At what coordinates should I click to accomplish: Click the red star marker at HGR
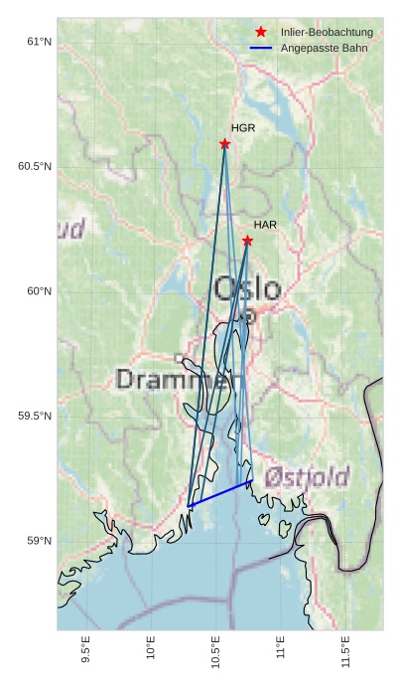[x=225, y=144]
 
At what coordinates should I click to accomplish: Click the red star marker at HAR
[x=247, y=241]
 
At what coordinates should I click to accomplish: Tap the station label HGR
[x=243, y=128]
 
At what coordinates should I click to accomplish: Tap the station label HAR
[x=265, y=225]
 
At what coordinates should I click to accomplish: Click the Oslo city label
[x=247, y=289]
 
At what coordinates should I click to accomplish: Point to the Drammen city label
[x=180, y=379]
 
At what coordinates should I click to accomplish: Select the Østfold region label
[x=307, y=477]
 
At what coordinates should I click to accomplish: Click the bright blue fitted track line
[x=220, y=493]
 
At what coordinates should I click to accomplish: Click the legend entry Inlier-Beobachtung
[x=327, y=33]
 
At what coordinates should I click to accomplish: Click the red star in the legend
[x=261, y=33]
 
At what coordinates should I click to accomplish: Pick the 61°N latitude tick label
[x=38, y=42]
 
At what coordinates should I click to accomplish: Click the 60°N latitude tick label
[x=38, y=291]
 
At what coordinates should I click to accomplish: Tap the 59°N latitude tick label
[x=38, y=541]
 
